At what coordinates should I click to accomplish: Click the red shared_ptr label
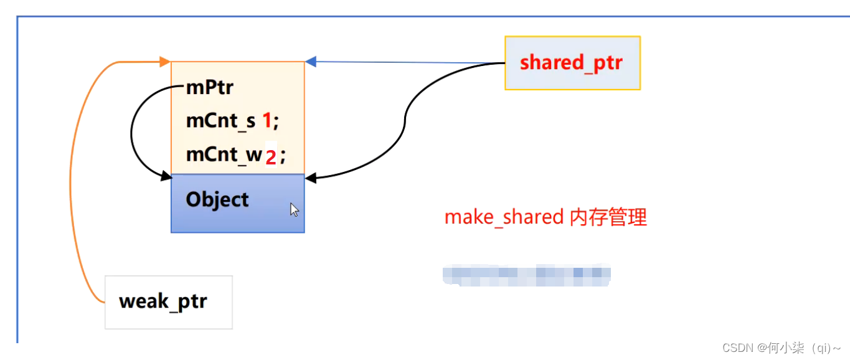click(x=571, y=63)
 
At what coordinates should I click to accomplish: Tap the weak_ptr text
click(x=163, y=301)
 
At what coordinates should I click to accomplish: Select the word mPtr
click(x=209, y=88)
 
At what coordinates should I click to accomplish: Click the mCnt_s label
click(x=220, y=121)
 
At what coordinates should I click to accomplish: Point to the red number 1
click(x=267, y=121)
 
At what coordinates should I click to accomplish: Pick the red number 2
click(x=270, y=158)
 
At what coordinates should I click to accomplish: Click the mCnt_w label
click(x=224, y=154)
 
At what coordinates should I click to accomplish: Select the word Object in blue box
click(x=217, y=199)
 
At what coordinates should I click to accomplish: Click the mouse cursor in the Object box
click(x=294, y=209)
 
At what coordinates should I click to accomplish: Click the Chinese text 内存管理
click(x=608, y=217)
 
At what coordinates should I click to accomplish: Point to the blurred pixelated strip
click(x=527, y=274)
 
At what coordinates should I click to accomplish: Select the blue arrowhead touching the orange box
click(x=311, y=61)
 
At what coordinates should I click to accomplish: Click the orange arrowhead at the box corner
click(x=165, y=62)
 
